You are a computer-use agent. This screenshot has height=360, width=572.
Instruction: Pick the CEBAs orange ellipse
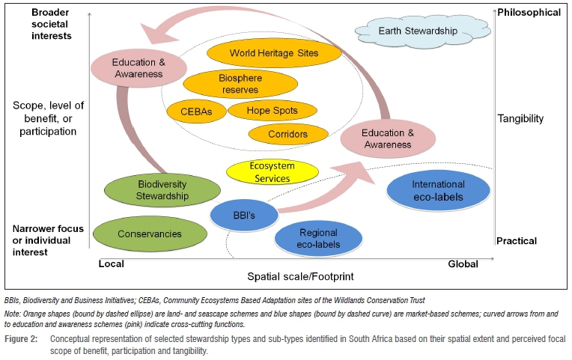click(195, 111)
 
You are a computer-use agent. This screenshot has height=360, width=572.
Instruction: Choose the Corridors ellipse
click(287, 135)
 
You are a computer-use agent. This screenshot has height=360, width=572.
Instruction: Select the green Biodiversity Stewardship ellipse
click(153, 191)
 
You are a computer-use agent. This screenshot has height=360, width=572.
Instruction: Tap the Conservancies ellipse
click(150, 234)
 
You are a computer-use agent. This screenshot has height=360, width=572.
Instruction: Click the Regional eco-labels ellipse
click(319, 239)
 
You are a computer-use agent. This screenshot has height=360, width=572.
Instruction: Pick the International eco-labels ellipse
click(438, 191)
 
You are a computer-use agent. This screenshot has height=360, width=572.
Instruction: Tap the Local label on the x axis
click(112, 263)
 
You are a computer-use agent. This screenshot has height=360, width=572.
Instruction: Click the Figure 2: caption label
click(22, 339)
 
